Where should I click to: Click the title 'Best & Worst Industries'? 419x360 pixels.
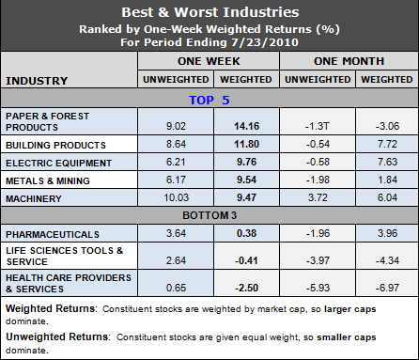[x=209, y=14]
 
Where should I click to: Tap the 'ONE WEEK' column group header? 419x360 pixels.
[x=208, y=59]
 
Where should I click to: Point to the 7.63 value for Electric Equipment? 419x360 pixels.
[x=385, y=163]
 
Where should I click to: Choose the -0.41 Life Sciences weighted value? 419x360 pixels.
[x=242, y=257]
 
